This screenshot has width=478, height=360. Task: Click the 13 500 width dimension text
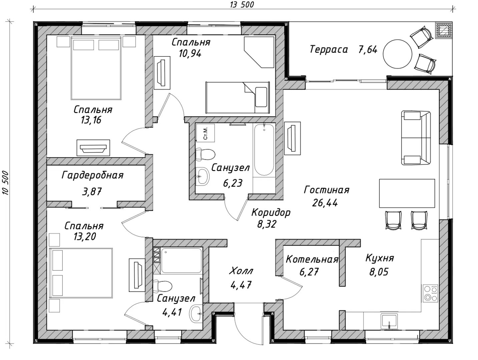(x=242, y=5)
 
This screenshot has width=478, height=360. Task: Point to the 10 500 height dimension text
(x=5, y=183)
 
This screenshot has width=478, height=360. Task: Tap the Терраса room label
(x=329, y=49)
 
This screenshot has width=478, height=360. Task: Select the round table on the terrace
(x=397, y=54)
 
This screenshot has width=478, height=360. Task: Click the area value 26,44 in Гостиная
(x=325, y=203)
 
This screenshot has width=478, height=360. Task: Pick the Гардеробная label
(x=92, y=175)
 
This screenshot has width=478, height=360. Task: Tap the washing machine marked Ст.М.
(x=205, y=133)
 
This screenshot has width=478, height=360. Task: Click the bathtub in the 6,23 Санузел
(x=264, y=150)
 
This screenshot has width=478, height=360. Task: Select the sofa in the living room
(x=416, y=138)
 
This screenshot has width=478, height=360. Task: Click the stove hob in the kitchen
(x=430, y=293)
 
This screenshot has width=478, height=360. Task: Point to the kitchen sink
(x=389, y=321)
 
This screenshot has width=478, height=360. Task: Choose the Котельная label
(x=312, y=260)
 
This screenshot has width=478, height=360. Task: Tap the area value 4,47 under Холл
(x=241, y=285)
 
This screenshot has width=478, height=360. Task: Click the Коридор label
(x=271, y=213)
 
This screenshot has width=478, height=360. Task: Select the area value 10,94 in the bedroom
(x=190, y=54)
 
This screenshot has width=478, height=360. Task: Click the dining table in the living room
(x=407, y=193)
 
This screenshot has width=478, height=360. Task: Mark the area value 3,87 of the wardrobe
(x=92, y=192)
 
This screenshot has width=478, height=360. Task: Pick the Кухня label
(x=380, y=258)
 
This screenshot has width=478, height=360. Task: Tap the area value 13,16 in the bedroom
(x=91, y=120)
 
